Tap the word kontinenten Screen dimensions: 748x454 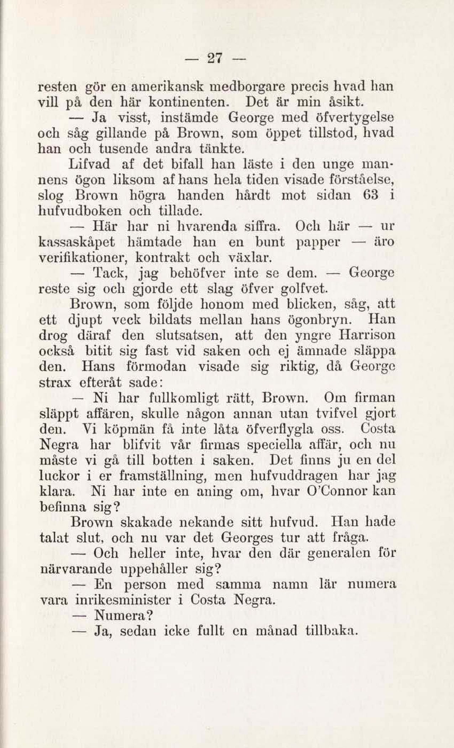coord(187,102)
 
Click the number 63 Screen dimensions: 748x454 coord(370,195)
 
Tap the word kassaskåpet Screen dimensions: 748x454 coord(76,242)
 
